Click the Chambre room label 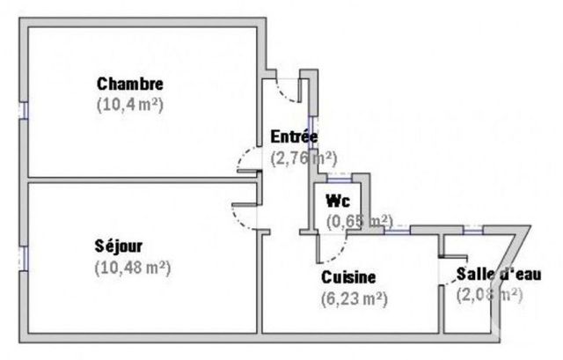click(x=130, y=84)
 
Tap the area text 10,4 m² click(x=130, y=103)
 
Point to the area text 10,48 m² click(x=132, y=265)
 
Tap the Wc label click(x=338, y=200)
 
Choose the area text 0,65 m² click(x=359, y=220)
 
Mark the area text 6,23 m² click(x=355, y=298)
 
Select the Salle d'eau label click(x=499, y=275)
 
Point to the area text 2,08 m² click(x=489, y=295)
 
